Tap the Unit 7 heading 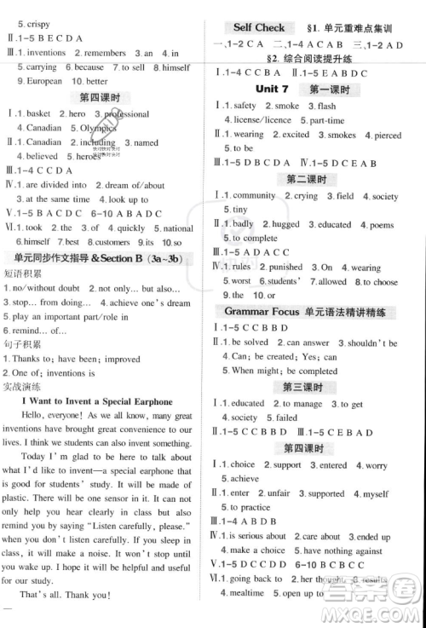point(273,89)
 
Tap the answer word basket point(38,113)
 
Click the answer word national point(178,228)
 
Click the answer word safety point(245,106)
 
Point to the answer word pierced point(388,135)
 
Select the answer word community point(254,196)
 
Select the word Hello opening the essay point(37,415)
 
